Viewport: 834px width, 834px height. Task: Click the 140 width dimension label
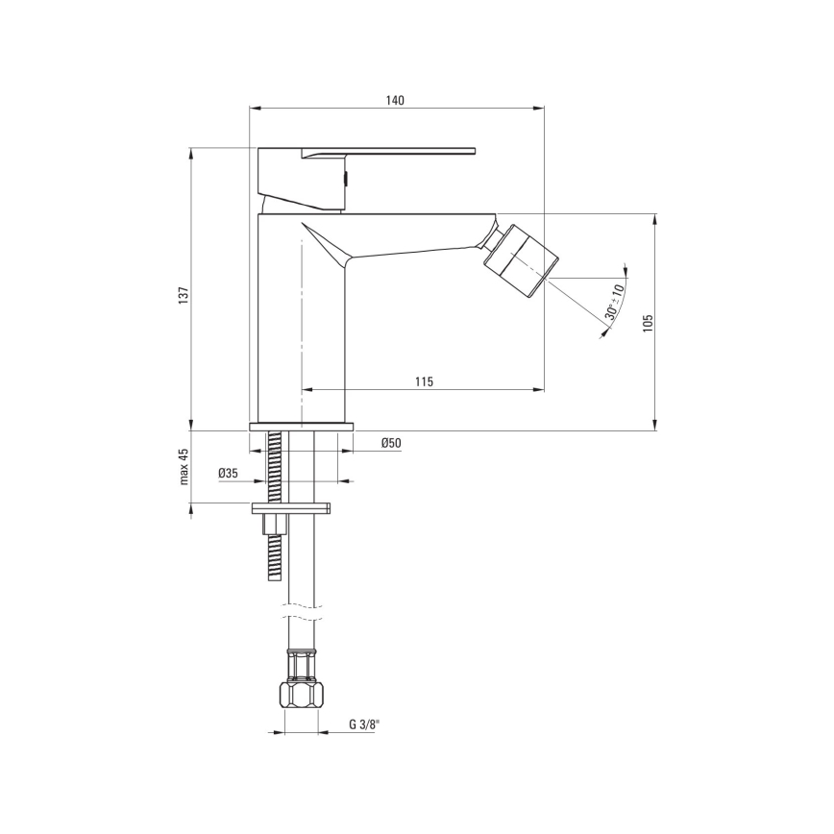(x=395, y=100)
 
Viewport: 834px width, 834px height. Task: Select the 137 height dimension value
(x=184, y=297)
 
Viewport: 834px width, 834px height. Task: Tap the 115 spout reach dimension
(x=424, y=381)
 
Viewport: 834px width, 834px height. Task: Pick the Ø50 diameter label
(x=390, y=443)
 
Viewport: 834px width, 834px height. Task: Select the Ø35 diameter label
(x=228, y=473)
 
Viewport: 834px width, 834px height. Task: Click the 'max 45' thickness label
(x=184, y=467)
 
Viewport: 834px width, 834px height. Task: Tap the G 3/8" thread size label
(x=364, y=724)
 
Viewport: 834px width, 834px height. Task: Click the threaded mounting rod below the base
(x=277, y=466)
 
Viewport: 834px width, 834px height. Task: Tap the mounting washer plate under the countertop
(x=290, y=506)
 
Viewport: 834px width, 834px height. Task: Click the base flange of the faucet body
(x=301, y=427)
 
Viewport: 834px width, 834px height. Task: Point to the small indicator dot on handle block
(x=347, y=176)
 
